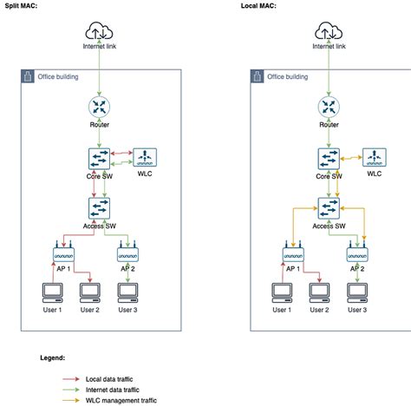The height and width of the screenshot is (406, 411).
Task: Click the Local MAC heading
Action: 259,6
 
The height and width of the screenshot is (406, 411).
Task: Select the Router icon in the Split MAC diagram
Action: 98,108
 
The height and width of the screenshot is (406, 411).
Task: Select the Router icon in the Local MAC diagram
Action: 329,108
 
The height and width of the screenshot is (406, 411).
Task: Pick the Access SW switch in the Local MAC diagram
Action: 329,209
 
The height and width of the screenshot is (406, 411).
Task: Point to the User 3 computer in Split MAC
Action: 127,292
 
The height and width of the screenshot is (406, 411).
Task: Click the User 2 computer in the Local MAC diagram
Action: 320,292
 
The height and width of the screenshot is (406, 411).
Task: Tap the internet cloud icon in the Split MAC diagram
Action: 98,32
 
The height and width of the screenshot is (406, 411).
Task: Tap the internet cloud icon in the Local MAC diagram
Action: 329,32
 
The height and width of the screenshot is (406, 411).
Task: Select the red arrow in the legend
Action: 76,379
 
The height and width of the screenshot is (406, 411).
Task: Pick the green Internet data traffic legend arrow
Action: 76,390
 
